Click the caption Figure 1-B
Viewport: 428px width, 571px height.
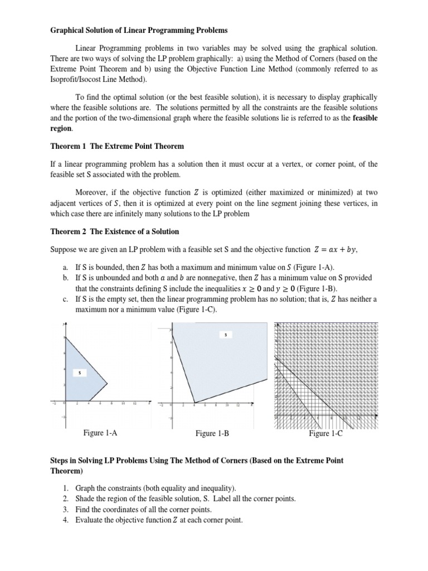coord(212,433)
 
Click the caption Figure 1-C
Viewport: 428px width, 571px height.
coord(325,433)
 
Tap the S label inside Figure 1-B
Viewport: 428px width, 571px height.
coord(225,335)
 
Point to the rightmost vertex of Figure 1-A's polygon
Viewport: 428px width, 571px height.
coord(107,383)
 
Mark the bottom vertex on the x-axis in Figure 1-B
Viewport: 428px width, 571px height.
coord(194,403)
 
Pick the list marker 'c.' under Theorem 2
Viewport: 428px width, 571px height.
coord(65,299)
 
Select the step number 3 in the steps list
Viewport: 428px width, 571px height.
coord(65,510)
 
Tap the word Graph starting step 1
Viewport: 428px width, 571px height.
coord(85,488)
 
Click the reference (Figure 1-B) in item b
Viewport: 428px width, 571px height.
coord(313,289)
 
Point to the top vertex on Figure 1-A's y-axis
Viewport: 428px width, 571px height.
coord(66,338)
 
